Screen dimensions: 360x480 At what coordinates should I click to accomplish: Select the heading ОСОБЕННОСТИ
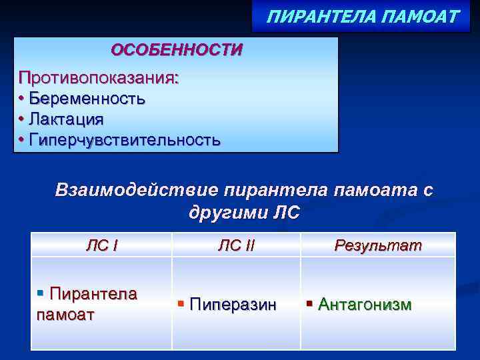177,50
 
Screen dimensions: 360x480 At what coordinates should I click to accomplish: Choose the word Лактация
66,119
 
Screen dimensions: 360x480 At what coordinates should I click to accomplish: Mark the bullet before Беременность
22,99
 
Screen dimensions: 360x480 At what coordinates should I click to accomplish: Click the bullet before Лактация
22,119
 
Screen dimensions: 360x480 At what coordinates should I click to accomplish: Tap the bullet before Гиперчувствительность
22,140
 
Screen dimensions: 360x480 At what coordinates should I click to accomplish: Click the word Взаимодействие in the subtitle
136,190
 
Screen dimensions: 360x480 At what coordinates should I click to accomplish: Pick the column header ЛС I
102,245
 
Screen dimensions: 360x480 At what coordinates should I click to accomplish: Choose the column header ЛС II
236,245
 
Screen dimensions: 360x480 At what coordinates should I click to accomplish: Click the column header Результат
378,245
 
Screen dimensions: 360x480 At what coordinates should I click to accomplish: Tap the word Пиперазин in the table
233,305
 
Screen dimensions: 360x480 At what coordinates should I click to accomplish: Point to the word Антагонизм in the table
365,305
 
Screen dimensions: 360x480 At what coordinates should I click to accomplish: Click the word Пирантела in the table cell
93,294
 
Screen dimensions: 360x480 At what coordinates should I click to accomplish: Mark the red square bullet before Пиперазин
181,305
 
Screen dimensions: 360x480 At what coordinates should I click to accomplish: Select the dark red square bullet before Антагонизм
309,305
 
